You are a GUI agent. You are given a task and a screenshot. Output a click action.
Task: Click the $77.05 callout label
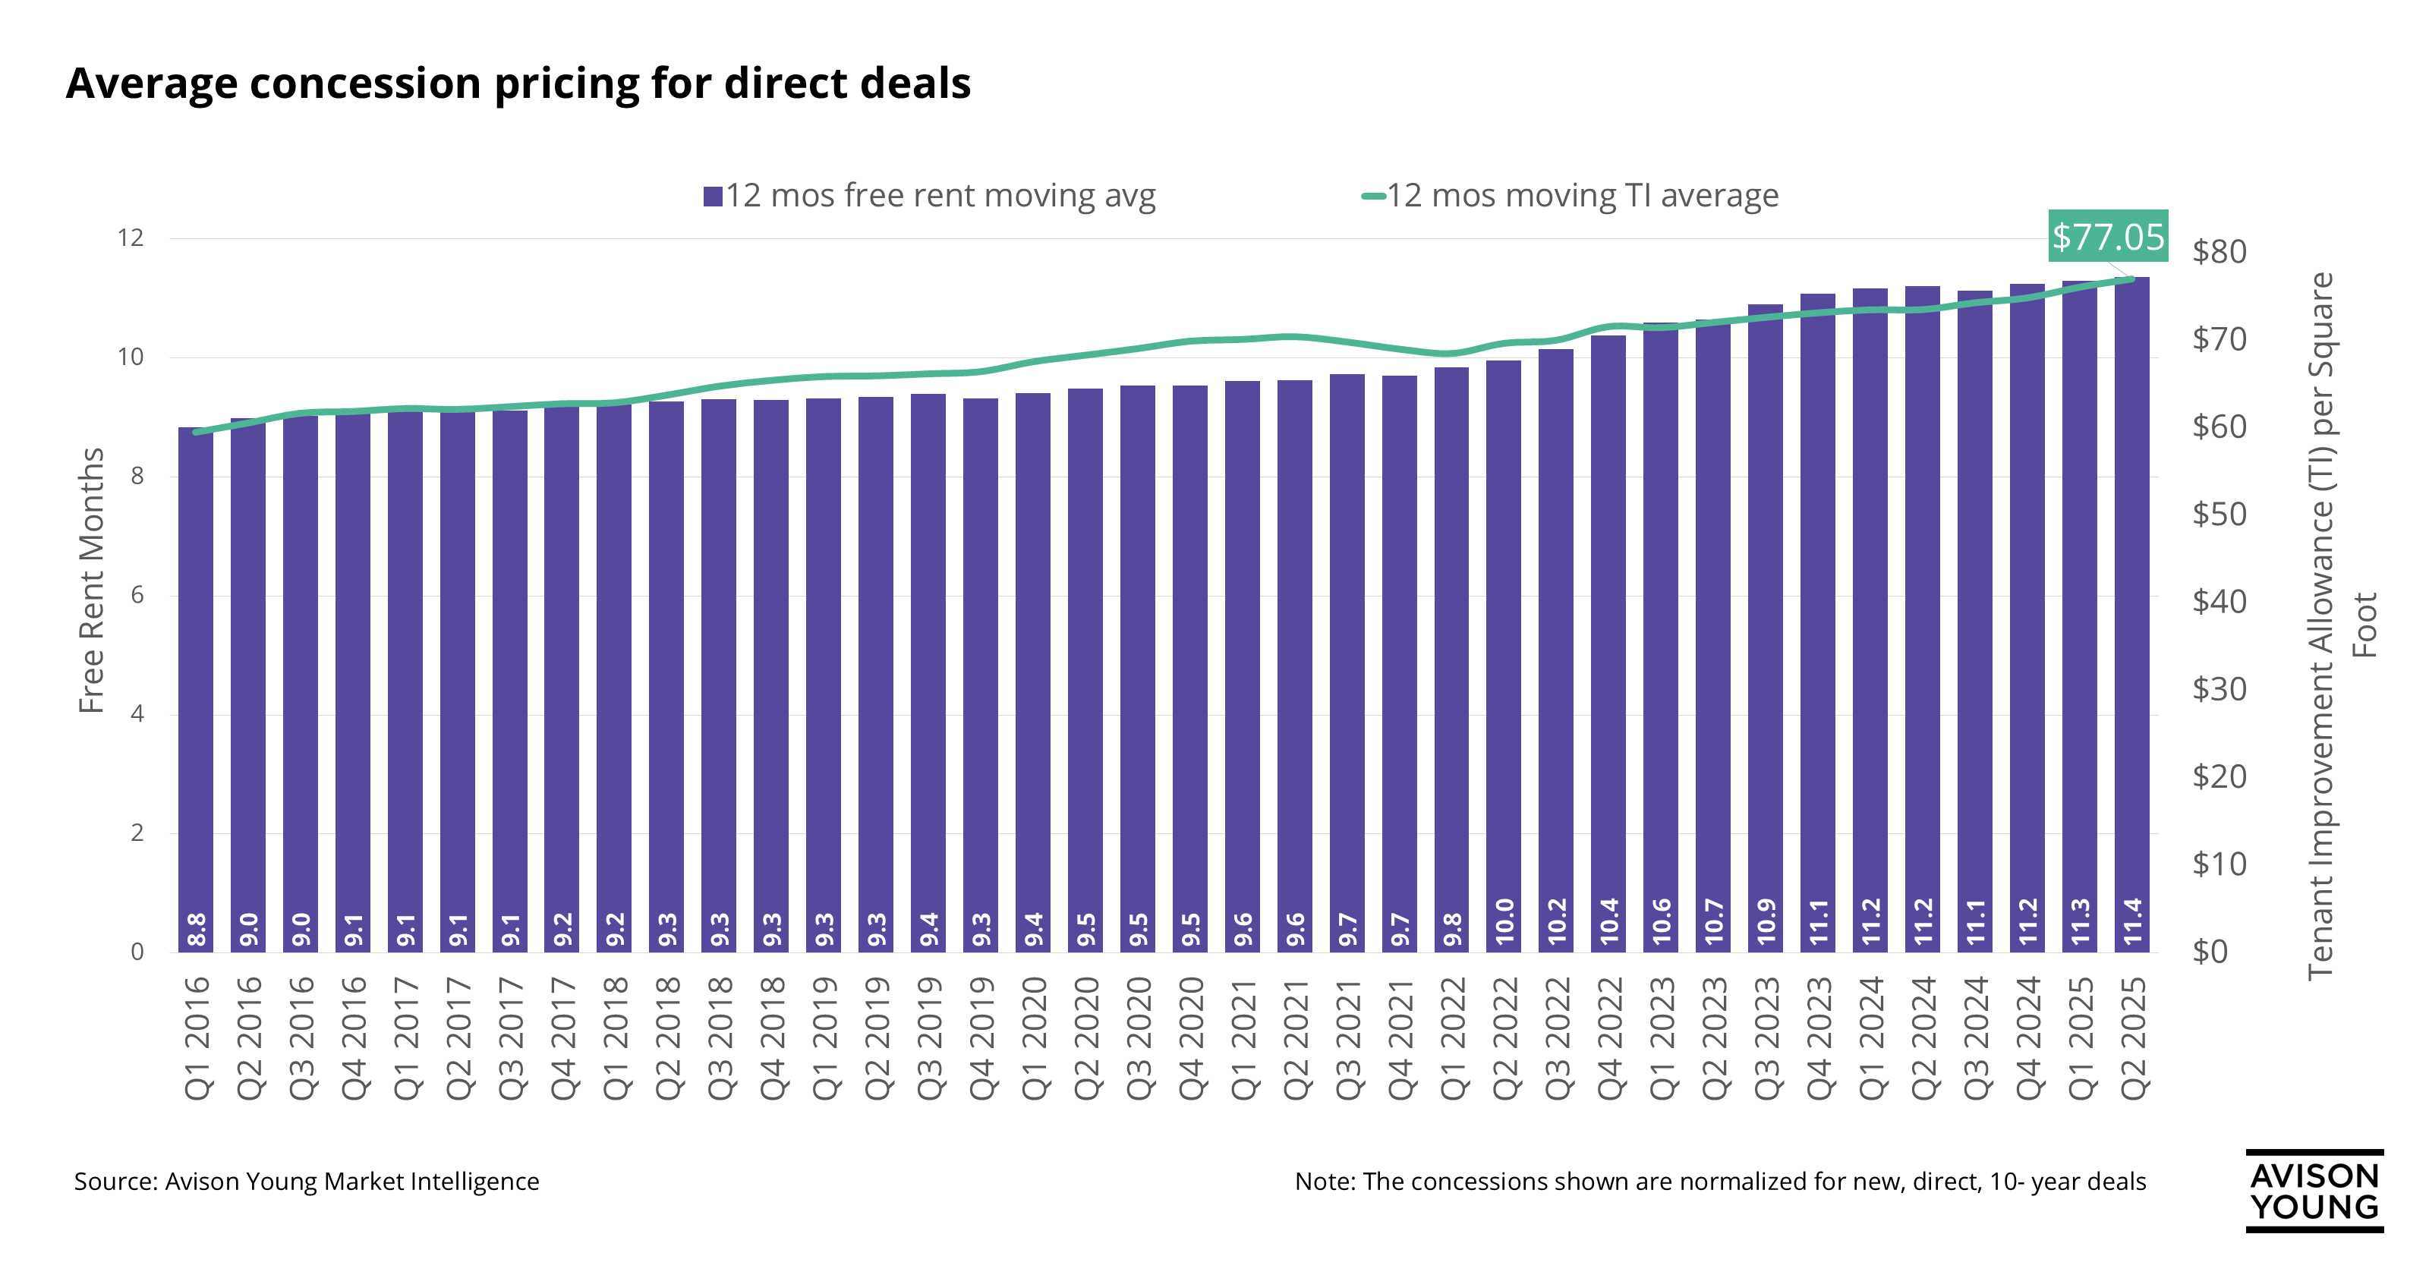click(2109, 236)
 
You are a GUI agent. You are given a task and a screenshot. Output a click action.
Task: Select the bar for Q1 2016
click(196, 688)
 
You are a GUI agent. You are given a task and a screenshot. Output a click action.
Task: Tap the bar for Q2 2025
click(2133, 613)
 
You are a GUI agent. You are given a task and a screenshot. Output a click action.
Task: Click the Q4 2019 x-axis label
click(981, 1037)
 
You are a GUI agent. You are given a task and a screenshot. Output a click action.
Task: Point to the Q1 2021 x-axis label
click(1243, 1037)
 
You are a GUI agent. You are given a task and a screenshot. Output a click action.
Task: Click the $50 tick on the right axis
click(2219, 514)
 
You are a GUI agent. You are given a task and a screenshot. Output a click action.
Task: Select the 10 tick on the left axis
click(130, 357)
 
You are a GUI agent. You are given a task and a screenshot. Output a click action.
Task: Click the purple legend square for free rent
click(713, 196)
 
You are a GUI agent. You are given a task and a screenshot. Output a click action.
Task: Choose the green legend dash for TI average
click(1373, 196)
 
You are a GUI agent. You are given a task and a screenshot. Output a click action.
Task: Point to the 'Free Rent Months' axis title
click(91, 580)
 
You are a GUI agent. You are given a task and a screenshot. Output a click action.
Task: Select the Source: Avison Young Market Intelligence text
click(307, 1182)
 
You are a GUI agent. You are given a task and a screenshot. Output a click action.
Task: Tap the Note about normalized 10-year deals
click(1720, 1182)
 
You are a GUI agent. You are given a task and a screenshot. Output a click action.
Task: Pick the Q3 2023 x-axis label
click(1766, 1037)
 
